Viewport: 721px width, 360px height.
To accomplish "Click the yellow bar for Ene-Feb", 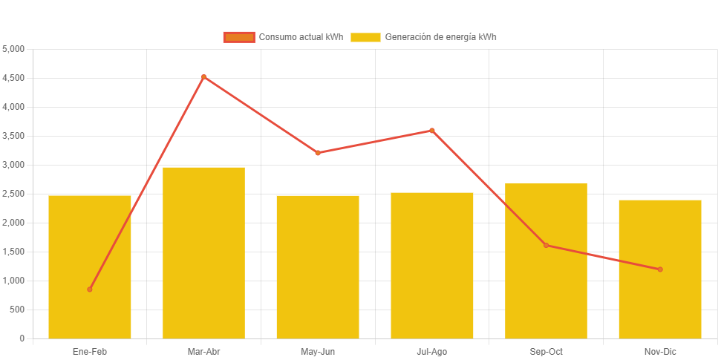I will click(90, 267).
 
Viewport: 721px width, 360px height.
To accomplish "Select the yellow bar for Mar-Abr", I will click(203, 252).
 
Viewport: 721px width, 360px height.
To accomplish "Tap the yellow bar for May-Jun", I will click(318, 267).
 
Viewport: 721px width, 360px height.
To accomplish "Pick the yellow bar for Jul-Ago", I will click(432, 266).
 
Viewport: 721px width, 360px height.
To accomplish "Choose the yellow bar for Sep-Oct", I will click(546, 261).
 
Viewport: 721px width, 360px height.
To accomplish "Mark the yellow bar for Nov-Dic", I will click(660, 269).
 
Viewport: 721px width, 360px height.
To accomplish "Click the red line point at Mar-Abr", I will click(203, 76).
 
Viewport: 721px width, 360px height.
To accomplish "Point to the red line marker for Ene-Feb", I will click(90, 289).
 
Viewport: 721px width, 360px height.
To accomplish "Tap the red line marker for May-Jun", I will click(318, 153).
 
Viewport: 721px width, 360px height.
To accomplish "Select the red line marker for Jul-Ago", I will click(432, 131).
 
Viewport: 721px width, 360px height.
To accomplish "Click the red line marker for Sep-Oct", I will click(546, 245).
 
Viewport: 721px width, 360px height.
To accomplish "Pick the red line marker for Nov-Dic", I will click(660, 269).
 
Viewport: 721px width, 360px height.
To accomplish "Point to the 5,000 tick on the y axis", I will click(14, 49).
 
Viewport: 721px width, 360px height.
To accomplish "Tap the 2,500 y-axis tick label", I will click(14, 194).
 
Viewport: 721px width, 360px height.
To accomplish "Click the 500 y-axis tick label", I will click(17, 310).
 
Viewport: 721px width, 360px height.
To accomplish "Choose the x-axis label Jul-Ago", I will click(432, 351).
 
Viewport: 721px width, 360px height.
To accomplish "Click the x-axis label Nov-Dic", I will click(660, 351).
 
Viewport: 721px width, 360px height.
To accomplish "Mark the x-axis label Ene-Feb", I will click(90, 351).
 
